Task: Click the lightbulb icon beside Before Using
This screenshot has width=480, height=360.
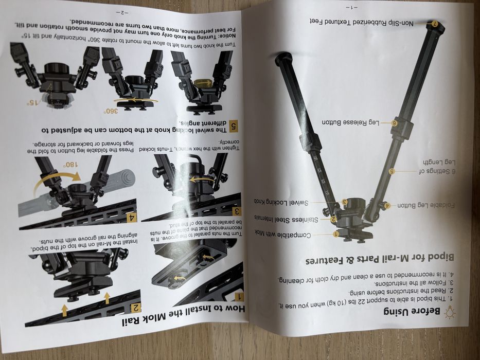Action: coord(450,313)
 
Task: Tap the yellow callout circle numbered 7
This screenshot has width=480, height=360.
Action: coord(434,23)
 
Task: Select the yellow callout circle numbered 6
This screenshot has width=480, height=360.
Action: coord(395,123)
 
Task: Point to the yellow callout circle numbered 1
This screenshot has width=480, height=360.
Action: coord(336,234)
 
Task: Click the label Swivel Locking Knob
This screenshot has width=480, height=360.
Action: coord(281,202)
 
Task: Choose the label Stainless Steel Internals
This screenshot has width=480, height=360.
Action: coord(286,219)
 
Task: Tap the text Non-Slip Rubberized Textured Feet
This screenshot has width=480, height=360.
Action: coord(361,22)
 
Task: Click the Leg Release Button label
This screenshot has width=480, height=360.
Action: coord(350,122)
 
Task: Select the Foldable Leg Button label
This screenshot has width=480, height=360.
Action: coord(426,205)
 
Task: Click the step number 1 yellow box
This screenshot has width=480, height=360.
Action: coord(239,296)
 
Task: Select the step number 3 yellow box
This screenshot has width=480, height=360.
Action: coord(237,211)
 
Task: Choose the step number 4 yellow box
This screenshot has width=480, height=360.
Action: coord(132,218)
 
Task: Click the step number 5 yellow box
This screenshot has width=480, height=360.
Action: coord(234,126)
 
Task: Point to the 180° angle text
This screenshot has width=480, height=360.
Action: coord(70,165)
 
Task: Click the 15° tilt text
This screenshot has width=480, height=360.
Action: coord(33,102)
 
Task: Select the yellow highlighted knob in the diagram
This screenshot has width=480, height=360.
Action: coord(203,83)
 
